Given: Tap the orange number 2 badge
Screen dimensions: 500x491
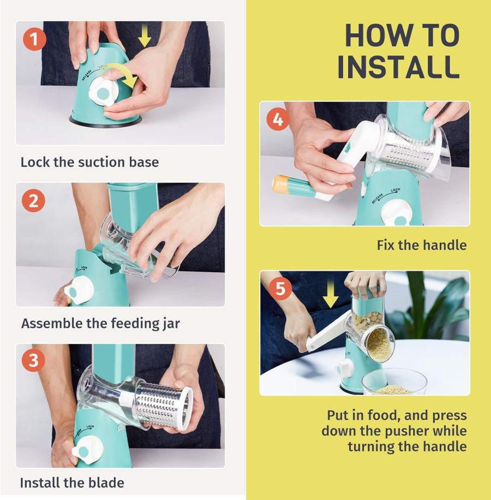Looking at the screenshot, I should pos(34,201).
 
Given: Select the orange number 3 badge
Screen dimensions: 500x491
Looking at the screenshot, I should pos(34,360).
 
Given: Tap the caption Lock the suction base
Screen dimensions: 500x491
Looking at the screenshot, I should pos(89,162).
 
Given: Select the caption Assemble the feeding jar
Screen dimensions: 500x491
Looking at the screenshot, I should pos(100,323).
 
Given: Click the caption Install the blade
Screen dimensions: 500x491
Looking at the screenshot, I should pos(72,483).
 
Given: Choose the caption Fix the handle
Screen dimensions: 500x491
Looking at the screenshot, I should pos(422,245).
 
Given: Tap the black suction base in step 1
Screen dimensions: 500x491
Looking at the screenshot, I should pos(105,120).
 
